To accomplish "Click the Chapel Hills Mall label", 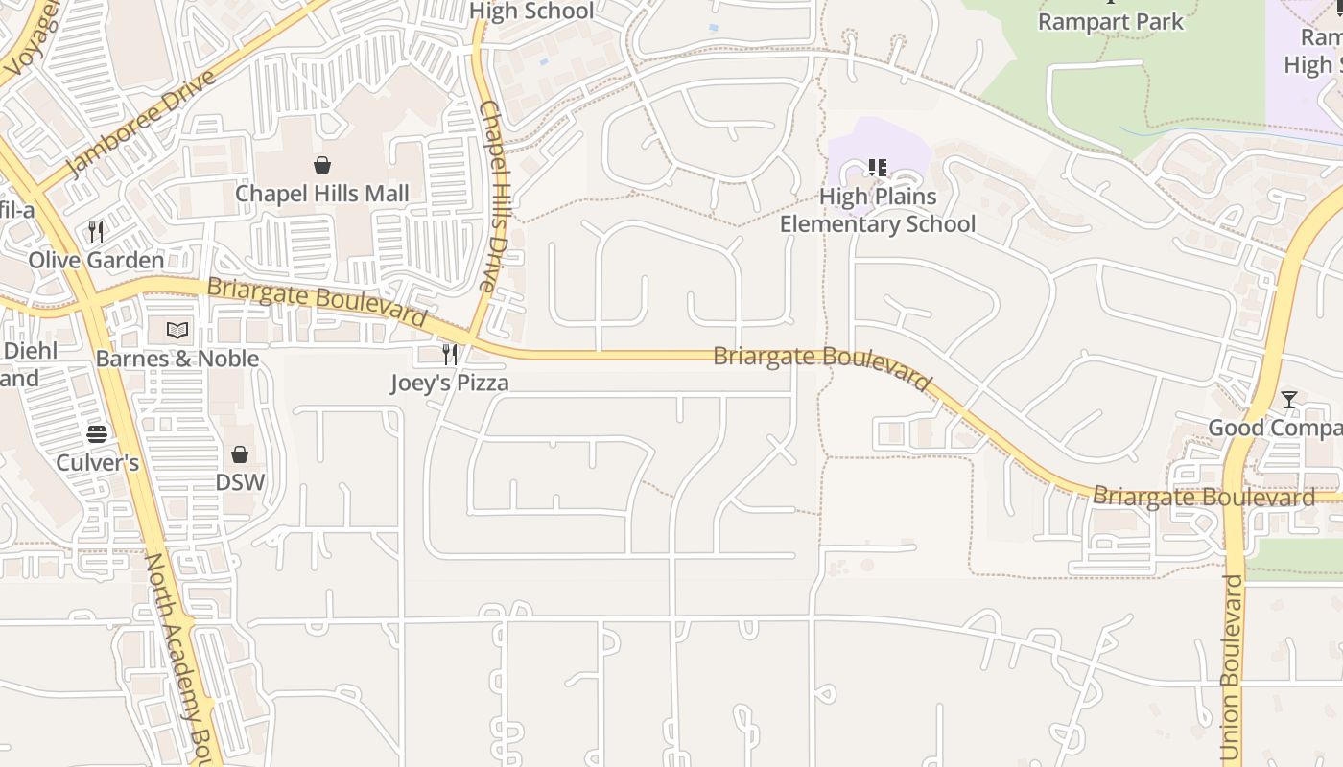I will point(322,194).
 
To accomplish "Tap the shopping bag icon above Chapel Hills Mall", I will point(322,165).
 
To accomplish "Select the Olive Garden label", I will point(96,260).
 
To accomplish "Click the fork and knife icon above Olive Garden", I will point(96,231).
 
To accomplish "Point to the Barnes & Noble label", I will point(177,359).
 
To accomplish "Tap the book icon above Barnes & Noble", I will point(177,331).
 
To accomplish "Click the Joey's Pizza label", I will point(449,383).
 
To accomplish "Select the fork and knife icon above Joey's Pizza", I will point(449,355).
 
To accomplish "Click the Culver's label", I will point(97,463).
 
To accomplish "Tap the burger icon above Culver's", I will point(97,434).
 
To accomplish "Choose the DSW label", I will point(240,482).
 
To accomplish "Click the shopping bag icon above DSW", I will point(240,453).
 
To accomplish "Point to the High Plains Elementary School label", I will point(877,210).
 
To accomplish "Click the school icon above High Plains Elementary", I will point(877,168).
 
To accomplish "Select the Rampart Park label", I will point(1111,21).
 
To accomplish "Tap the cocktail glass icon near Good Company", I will point(1289,400).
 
